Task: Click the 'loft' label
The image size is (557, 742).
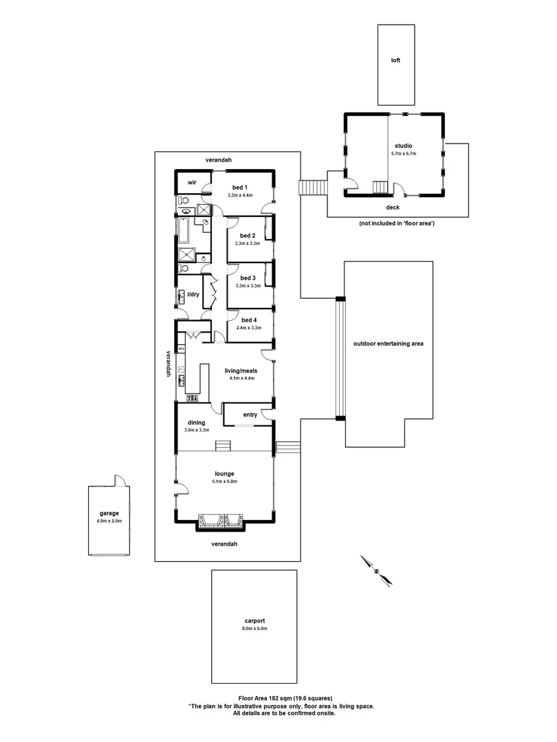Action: pos(395,60)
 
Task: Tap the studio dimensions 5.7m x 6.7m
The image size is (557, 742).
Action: pos(404,154)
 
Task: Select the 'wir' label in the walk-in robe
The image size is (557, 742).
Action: pos(193,183)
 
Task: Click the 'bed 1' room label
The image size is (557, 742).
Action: pos(239,188)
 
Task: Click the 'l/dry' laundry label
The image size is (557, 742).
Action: pos(193,294)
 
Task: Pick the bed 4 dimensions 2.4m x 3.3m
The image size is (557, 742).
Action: pos(248,328)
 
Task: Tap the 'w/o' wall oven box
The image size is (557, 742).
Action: pos(182,349)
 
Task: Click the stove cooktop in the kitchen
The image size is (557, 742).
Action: pos(192,398)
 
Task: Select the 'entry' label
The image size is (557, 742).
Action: pos(250,414)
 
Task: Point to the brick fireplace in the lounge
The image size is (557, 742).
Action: pos(220,522)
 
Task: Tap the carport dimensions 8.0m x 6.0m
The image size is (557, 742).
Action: pos(254,629)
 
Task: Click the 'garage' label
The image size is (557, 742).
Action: pos(109,513)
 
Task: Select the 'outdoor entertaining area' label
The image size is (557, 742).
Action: pos(388,344)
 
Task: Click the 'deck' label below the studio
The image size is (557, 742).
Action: pos(393,207)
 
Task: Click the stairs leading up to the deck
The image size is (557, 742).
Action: pos(314,188)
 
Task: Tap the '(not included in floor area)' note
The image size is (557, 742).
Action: pos(396,224)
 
